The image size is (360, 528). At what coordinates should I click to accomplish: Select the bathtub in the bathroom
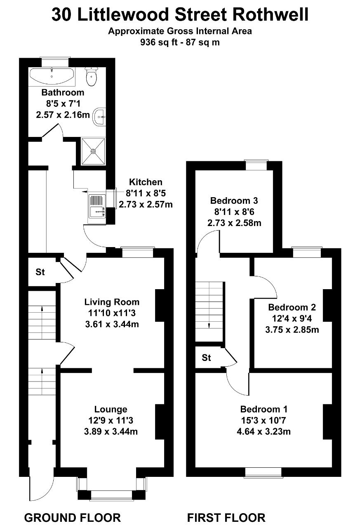point(52,75)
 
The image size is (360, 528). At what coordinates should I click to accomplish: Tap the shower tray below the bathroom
point(93,151)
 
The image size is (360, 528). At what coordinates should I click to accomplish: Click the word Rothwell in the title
point(270,15)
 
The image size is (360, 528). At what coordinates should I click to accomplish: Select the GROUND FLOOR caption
point(73,517)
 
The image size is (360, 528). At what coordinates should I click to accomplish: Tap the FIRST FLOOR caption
point(226,517)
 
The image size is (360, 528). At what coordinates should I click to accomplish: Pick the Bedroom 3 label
point(234,201)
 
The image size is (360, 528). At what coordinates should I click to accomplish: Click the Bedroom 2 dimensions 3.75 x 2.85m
point(292,330)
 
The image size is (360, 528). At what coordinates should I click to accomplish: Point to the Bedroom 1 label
point(264,409)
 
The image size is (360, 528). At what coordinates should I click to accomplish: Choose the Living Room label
point(112,302)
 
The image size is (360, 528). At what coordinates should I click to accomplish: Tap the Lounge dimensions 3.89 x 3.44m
point(111,432)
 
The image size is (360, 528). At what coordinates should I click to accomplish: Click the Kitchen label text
point(146,182)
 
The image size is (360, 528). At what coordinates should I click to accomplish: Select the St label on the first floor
point(207,358)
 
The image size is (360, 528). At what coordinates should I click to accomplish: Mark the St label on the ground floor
point(40,272)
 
